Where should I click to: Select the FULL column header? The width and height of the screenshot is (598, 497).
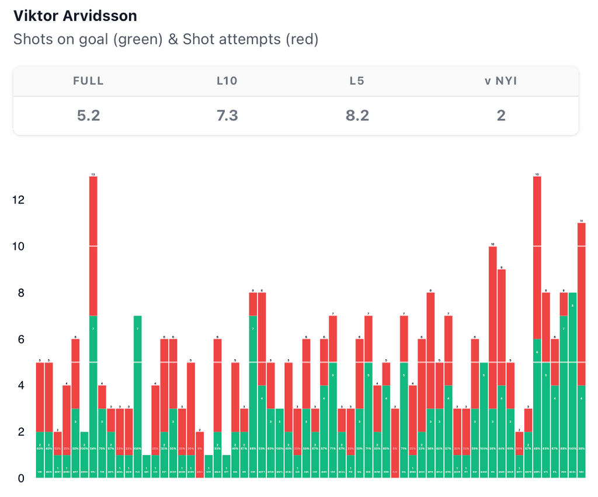(88, 81)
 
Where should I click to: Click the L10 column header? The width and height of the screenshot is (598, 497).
(227, 81)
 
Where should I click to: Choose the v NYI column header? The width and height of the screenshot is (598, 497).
(500, 81)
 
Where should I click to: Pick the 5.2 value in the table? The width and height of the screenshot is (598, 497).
(88, 115)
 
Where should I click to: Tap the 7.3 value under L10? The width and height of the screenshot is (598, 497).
(227, 115)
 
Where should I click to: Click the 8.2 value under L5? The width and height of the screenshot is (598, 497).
(357, 115)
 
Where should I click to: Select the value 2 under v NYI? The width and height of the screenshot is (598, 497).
(500, 115)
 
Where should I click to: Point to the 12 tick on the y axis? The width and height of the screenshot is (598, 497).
(19, 200)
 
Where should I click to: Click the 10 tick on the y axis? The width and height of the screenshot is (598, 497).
(19, 246)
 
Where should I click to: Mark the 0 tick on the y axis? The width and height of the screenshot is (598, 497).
(21, 478)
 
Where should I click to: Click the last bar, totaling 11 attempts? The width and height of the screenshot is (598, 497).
(581, 350)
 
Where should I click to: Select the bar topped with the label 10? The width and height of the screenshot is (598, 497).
(493, 362)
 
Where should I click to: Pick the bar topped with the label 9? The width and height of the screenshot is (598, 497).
(502, 374)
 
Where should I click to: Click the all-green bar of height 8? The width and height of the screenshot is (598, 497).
(572, 385)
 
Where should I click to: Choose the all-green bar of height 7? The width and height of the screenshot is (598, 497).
(138, 397)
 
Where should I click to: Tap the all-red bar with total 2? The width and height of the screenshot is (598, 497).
(200, 456)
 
